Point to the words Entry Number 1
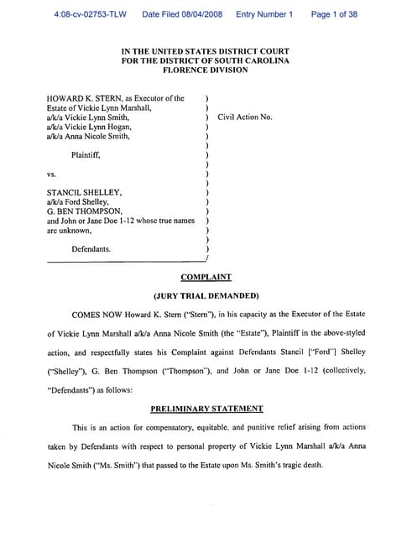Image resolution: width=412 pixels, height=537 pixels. [264, 14]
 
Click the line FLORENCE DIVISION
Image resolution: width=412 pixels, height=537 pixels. [206, 70]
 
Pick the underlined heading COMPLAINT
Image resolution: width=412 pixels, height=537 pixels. [206, 277]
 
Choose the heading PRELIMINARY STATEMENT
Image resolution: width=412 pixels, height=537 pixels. [206, 409]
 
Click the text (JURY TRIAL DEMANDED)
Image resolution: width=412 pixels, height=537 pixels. [206, 296]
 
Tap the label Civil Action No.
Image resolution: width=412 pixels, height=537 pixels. [245, 117]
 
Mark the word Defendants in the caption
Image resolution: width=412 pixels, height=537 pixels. [91, 249]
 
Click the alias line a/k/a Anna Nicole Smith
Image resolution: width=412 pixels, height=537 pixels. [88, 136]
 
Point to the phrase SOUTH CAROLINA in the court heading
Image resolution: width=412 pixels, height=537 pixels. [253, 61]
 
